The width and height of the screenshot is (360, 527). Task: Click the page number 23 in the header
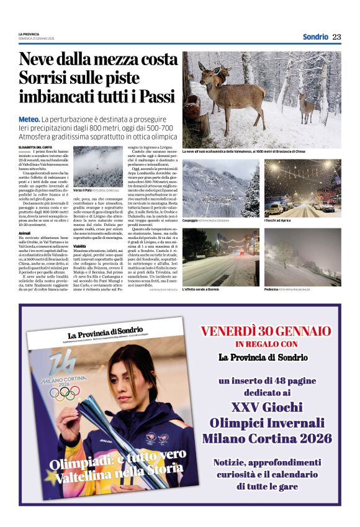(x=337, y=37)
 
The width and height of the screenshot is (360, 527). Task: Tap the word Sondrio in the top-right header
(x=315, y=37)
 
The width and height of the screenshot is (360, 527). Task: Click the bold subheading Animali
(x=25, y=233)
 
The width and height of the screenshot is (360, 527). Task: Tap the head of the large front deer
(x=204, y=70)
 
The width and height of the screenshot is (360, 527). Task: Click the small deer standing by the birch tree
(x=305, y=107)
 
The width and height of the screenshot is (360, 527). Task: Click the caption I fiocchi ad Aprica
(x=279, y=220)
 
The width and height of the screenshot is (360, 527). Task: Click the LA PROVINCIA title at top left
(x=29, y=34)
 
